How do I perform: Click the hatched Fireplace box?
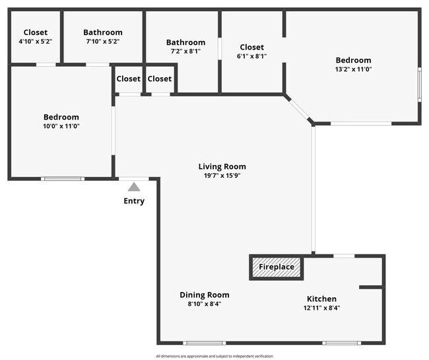277,268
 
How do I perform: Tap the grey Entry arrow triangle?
134,187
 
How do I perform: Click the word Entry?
134,201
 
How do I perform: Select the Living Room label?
226,166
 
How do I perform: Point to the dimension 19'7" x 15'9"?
226,176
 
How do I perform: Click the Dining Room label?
205,295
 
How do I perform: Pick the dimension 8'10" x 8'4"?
205,304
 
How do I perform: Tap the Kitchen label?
321,299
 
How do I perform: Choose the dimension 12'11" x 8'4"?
321,308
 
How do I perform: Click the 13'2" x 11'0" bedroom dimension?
353,69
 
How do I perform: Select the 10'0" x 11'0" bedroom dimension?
61,126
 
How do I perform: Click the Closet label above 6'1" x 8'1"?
251,47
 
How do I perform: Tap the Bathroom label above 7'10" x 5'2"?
102,32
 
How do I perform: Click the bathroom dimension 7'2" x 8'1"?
185,52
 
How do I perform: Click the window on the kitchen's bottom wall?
341,343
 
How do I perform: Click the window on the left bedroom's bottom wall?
63,178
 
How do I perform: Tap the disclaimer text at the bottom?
214,356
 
